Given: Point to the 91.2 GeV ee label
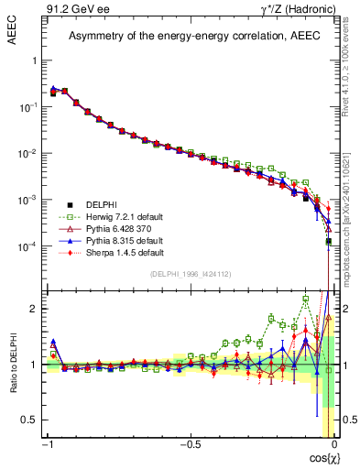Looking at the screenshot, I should point(68,9).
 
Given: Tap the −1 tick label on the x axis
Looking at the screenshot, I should point(48,444).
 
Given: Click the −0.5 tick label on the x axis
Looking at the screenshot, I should point(190,444).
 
